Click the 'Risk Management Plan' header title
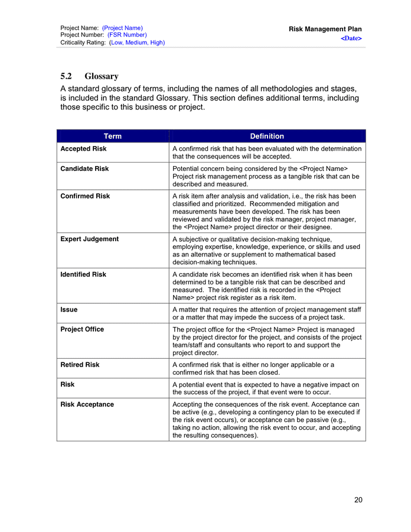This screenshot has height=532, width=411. tap(325, 29)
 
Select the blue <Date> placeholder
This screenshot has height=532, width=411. tap(351, 38)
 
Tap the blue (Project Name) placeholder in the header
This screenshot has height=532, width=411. tap(122, 28)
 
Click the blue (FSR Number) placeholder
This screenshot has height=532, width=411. tap(127, 35)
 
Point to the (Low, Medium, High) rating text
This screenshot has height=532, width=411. tap(137, 43)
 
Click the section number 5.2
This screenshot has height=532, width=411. tap(66, 76)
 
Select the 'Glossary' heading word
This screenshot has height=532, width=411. tap(101, 76)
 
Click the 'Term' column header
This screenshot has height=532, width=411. tap(112, 136)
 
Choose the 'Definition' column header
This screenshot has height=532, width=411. tap(267, 136)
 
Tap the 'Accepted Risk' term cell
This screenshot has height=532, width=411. tap(83, 149)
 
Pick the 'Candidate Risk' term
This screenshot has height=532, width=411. tap(84, 169)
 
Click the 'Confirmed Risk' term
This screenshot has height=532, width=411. tap(85, 196)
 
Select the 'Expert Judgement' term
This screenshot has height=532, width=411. tap(89, 239)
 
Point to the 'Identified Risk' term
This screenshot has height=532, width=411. tap(83, 275)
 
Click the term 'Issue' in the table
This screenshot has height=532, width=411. tap(69, 310)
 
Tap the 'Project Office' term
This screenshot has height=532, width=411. tap(82, 330)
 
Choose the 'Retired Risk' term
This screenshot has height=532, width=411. tap(80, 365)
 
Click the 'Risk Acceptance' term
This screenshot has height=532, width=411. tap(87, 405)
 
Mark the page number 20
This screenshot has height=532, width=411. tap(358, 500)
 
